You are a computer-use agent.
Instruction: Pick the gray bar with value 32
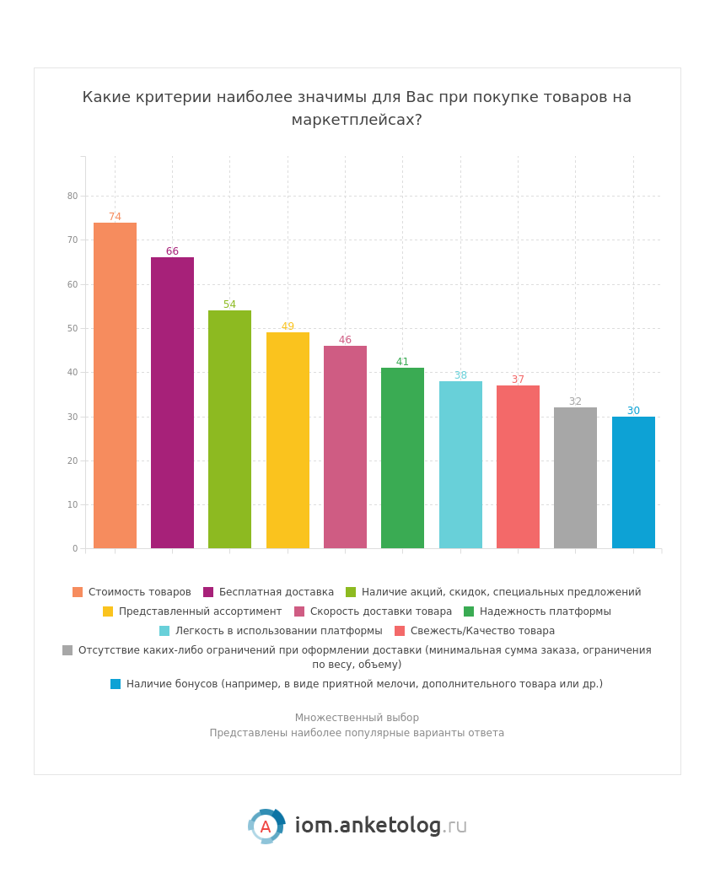[x=575, y=477]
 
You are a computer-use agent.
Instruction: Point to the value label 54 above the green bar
[x=229, y=304]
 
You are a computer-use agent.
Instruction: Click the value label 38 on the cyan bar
[x=460, y=375]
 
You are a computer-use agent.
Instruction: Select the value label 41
[x=402, y=362]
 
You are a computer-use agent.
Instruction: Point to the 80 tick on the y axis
[x=73, y=196]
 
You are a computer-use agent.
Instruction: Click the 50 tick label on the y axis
[x=73, y=328]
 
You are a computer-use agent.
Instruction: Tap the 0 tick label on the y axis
[x=75, y=548]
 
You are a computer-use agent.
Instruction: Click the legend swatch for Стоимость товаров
[x=78, y=592]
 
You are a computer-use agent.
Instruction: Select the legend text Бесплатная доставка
[x=276, y=592]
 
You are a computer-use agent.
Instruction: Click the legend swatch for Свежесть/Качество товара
[x=400, y=631]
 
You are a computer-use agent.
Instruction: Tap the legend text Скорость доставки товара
[x=380, y=611]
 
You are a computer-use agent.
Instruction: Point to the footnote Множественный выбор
[x=357, y=718]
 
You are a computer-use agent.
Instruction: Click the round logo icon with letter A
[x=266, y=827]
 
